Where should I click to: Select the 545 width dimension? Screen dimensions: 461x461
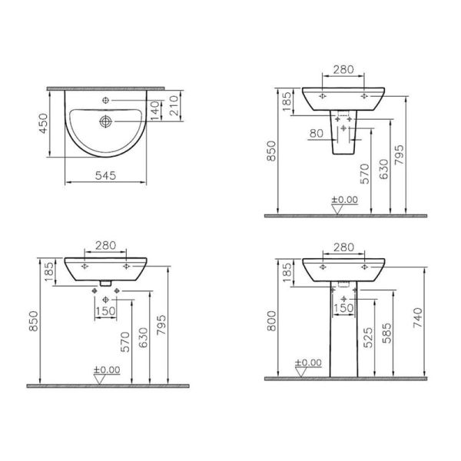click(107, 175)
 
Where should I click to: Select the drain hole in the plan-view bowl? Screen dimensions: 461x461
click(106, 120)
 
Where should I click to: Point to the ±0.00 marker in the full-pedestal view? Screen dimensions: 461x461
click(308, 363)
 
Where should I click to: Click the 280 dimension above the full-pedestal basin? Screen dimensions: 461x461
click(345, 247)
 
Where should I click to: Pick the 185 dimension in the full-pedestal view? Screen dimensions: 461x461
click(287, 271)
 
